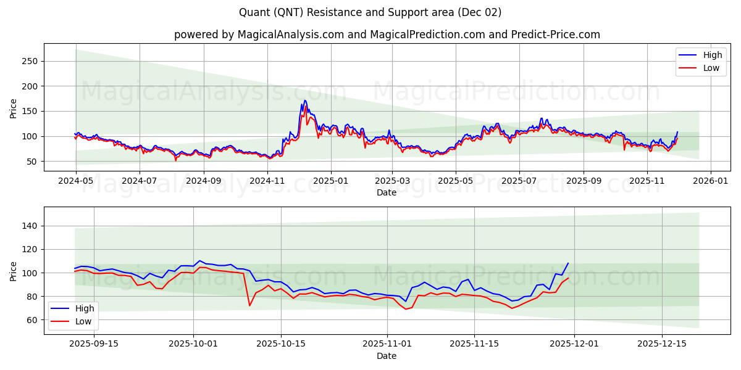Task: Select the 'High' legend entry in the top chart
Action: pyautogui.click(x=705, y=55)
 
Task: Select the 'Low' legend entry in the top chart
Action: pyautogui.click(x=705, y=68)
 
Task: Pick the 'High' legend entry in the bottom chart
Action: pyautogui.click(x=78, y=308)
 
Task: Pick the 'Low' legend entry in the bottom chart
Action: pyautogui.click(x=78, y=321)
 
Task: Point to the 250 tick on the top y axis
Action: pyautogui.click(x=30, y=61)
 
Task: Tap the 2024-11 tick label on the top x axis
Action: pyautogui.click(x=267, y=181)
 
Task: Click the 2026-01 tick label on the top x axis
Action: pyautogui.click(x=710, y=181)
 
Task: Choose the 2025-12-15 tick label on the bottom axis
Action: pyautogui.click(x=662, y=344)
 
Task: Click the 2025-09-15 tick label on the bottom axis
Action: pyautogui.click(x=94, y=344)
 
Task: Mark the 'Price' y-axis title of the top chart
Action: pyautogui.click(x=14, y=107)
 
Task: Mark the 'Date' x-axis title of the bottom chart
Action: pyautogui.click(x=387, y=356)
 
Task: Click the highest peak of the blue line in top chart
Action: pyautogui.click(x=304, y=101)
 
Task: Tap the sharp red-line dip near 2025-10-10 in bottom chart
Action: pyautogui.click(x=249, y=305)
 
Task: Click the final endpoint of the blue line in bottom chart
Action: pyautogui.click(x=568, y=263)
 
